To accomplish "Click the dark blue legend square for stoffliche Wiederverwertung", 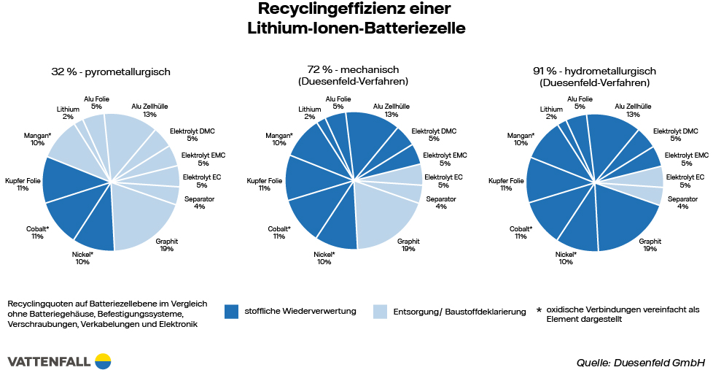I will [232, 312].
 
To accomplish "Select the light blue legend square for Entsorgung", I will [380, 312].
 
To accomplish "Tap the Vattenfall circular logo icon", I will [102, 361].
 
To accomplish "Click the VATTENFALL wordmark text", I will [48, 361].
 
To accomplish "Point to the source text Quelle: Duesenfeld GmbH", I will [640, 362].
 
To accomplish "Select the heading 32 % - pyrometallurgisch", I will [111, 72].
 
